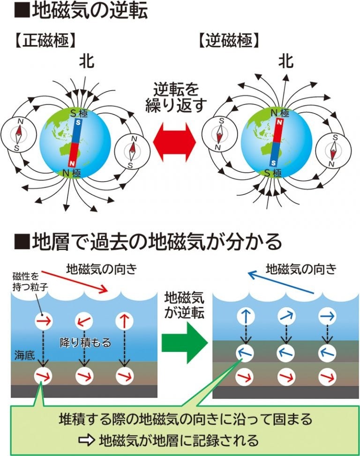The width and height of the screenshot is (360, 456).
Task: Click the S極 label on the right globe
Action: (x=273, y=173)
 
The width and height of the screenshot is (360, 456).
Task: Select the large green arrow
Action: (x=185, y=344)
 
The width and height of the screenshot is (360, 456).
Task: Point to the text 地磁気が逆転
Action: (x=184, y=305)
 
